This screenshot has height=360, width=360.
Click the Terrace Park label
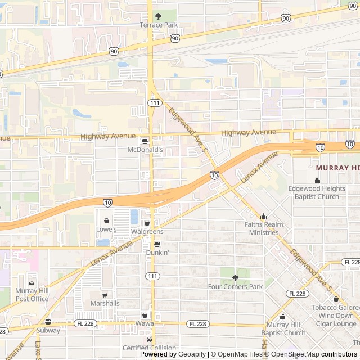coord(158,25)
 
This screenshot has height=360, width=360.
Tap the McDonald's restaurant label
coord(145,150)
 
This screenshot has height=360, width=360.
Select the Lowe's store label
coord(106,229)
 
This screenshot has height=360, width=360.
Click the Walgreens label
coord(147,232)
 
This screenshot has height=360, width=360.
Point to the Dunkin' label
coord(157,253)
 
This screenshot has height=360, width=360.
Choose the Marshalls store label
coord(105,303)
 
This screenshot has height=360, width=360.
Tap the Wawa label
coord(145,324)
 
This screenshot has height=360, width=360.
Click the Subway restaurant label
coord(48,331)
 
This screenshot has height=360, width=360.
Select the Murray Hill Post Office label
coord(32,295)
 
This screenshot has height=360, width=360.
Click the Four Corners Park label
coord(235,287)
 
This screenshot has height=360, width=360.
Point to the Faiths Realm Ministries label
coord(263,228)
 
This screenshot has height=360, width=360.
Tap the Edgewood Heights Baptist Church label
coord(317,192)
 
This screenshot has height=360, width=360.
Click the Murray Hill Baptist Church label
coord(286,328)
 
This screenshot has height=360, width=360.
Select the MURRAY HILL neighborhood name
coord(337,168)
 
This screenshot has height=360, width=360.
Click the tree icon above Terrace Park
coord(158,16)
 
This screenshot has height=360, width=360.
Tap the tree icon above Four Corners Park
coord(235,278)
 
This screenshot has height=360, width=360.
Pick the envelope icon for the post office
coord(32,282)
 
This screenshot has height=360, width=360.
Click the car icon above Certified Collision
coord(149,339)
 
